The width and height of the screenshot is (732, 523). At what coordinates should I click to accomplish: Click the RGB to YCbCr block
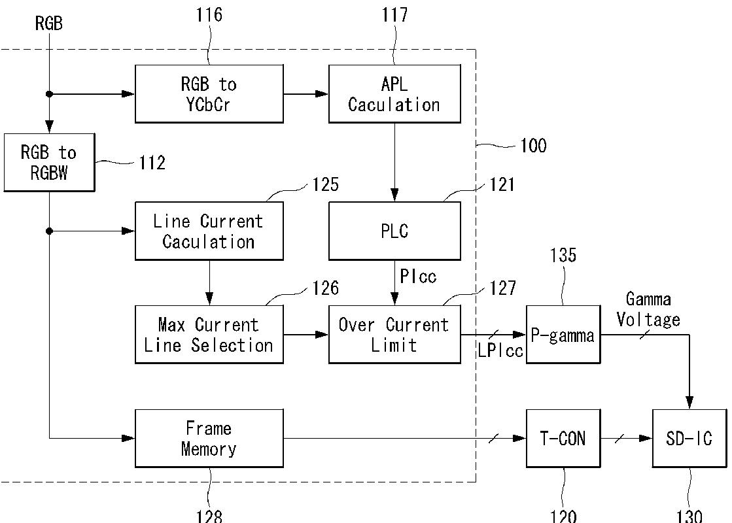tap(209, 93)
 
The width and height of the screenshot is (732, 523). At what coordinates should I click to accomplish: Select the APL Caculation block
tap(394, 93)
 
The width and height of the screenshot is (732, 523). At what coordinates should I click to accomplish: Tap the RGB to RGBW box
tap(50, 162)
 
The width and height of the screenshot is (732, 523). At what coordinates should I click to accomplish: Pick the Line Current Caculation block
tap(209, 231)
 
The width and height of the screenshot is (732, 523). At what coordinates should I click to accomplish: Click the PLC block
tap(394, 231)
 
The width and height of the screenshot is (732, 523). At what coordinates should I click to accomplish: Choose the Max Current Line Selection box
tap(209, 335)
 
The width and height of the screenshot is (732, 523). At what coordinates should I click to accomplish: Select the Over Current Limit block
tap(394, 335)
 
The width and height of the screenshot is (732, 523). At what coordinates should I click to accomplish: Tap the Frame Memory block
tap(209, 439)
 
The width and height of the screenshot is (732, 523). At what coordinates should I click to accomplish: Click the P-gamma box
tap(563, 335)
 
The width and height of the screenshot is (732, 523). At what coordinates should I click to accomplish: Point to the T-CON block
tap(563, 439)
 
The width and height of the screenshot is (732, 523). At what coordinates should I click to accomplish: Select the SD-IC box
tap(689, 439)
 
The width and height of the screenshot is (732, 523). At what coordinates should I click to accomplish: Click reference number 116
tap(209, 15)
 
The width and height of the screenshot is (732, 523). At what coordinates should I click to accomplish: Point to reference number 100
tap(533, 146)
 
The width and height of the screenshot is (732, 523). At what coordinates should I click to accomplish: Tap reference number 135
tap(563, 255)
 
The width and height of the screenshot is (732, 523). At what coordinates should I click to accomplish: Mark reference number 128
tap(209, 516)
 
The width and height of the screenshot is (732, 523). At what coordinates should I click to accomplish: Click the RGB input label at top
tap(48, 24)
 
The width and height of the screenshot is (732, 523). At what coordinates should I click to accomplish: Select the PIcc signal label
tap(418, 277)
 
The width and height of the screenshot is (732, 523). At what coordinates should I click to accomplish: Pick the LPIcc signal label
tap(500, 350)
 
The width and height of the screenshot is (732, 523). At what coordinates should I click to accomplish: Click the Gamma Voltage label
tap(648, 309)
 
